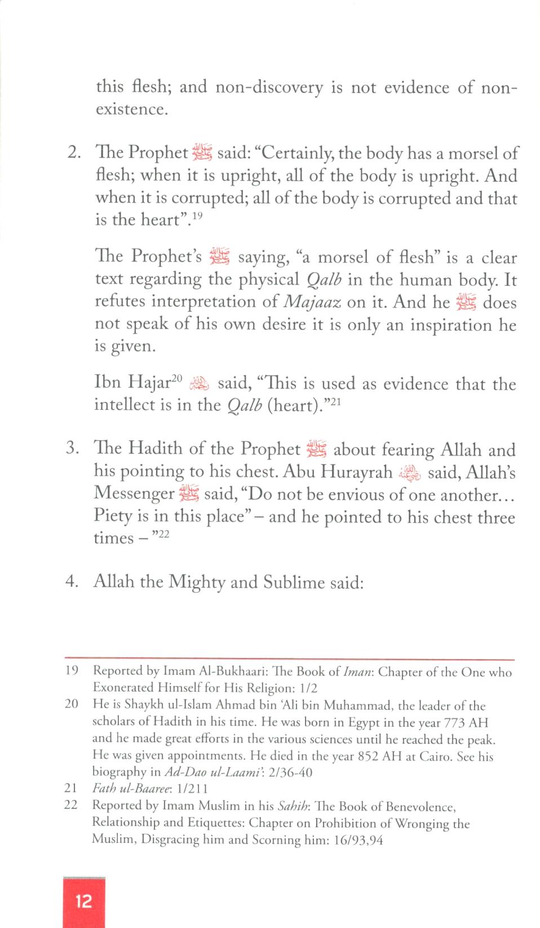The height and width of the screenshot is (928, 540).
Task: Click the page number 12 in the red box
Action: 83,901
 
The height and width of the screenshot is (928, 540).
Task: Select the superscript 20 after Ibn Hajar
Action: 178,379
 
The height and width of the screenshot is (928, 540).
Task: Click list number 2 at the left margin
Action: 74,153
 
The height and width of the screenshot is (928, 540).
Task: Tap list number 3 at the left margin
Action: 71,449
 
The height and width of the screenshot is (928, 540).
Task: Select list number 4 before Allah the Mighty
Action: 72,582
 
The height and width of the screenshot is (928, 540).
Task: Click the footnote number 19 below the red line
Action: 72,671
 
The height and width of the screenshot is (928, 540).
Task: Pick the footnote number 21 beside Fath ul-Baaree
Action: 71,789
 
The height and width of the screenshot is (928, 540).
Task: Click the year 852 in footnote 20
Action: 369,756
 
